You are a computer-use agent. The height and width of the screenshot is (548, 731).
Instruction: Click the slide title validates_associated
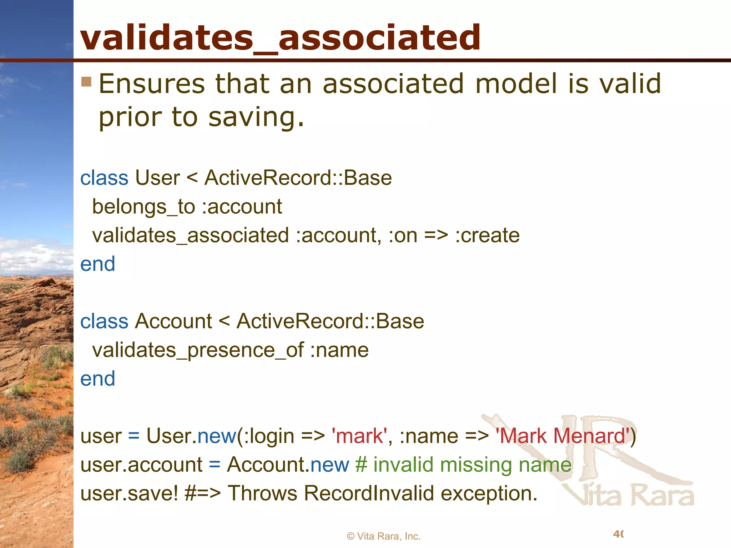point(281,37)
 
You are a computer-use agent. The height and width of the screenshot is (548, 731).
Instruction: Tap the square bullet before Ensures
point(86,82)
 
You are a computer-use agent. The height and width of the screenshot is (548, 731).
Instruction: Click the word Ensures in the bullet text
point(152,84)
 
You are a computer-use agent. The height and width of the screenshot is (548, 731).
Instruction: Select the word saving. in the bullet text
point(256,117)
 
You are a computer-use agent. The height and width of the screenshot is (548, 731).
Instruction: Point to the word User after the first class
point(157,178)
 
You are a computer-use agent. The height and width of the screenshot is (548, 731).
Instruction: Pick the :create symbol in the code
point(487,235)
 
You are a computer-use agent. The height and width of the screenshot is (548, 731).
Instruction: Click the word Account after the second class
point(173,321)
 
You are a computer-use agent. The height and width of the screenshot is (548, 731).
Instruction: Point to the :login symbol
point(269,436)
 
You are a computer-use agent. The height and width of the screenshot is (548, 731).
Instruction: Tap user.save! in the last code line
point(129,493)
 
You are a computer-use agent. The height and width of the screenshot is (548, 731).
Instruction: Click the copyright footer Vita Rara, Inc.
point(384,536)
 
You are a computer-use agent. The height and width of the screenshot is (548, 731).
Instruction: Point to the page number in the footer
point(618,534)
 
